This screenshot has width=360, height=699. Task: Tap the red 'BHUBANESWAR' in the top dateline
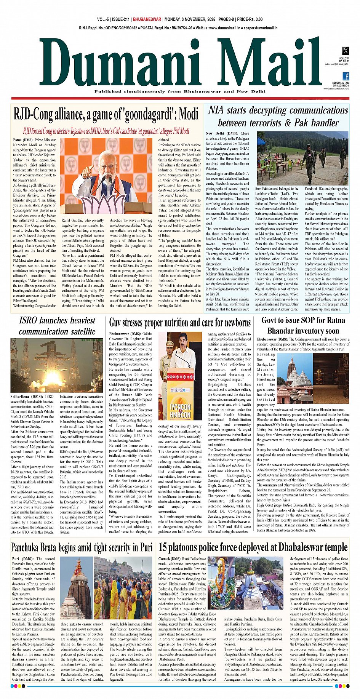(x=147, y=19)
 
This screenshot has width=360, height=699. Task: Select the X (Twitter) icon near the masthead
(x=345, y=50)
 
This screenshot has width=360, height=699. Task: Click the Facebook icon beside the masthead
(x=346, y=76)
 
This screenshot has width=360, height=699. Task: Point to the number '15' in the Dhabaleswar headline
(x=163, y=547)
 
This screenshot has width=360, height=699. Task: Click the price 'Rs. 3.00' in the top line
(x=254, y=19)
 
